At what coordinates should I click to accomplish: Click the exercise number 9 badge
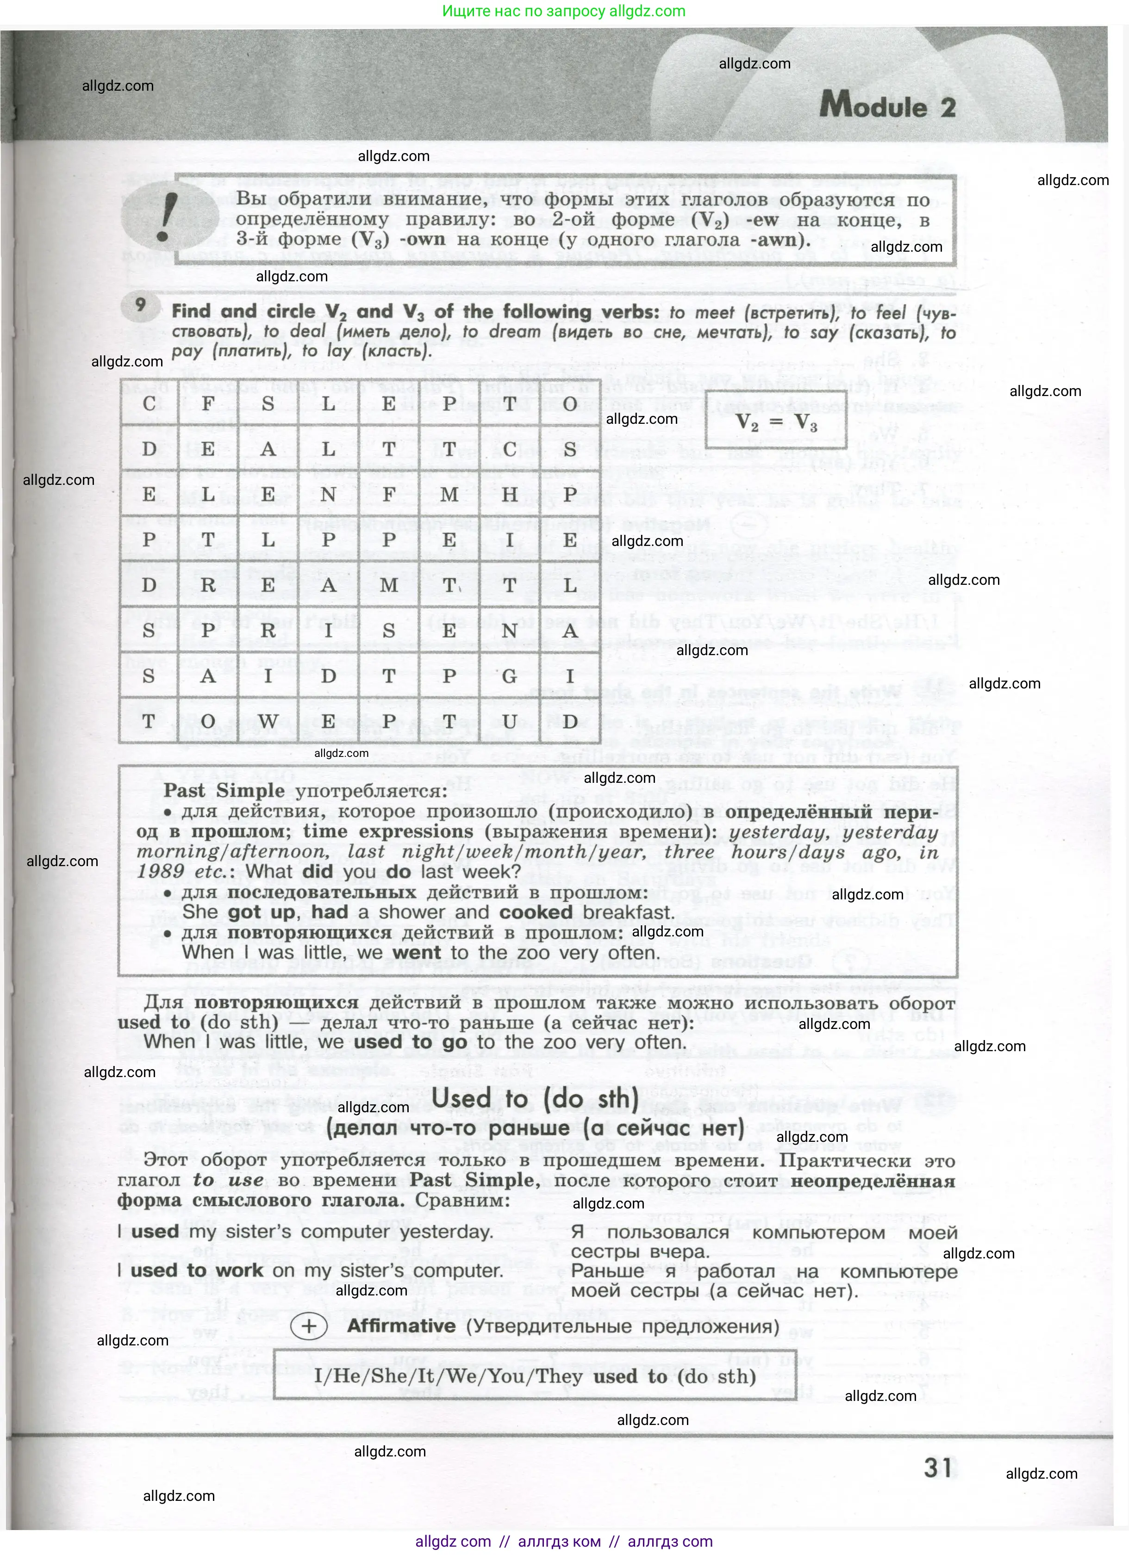(140, 305)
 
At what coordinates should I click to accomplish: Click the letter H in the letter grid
(510, 494)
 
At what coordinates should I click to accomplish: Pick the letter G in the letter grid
(510, 676)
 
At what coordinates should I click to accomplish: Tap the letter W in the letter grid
(268, 721)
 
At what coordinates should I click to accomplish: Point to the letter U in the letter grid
(510, 721)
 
